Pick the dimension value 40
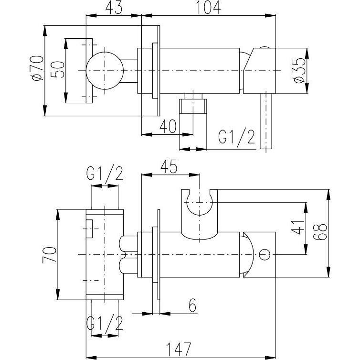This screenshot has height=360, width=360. point(167,126)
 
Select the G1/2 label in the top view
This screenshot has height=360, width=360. point(236,137)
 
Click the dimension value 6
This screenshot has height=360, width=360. point(192,305)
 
